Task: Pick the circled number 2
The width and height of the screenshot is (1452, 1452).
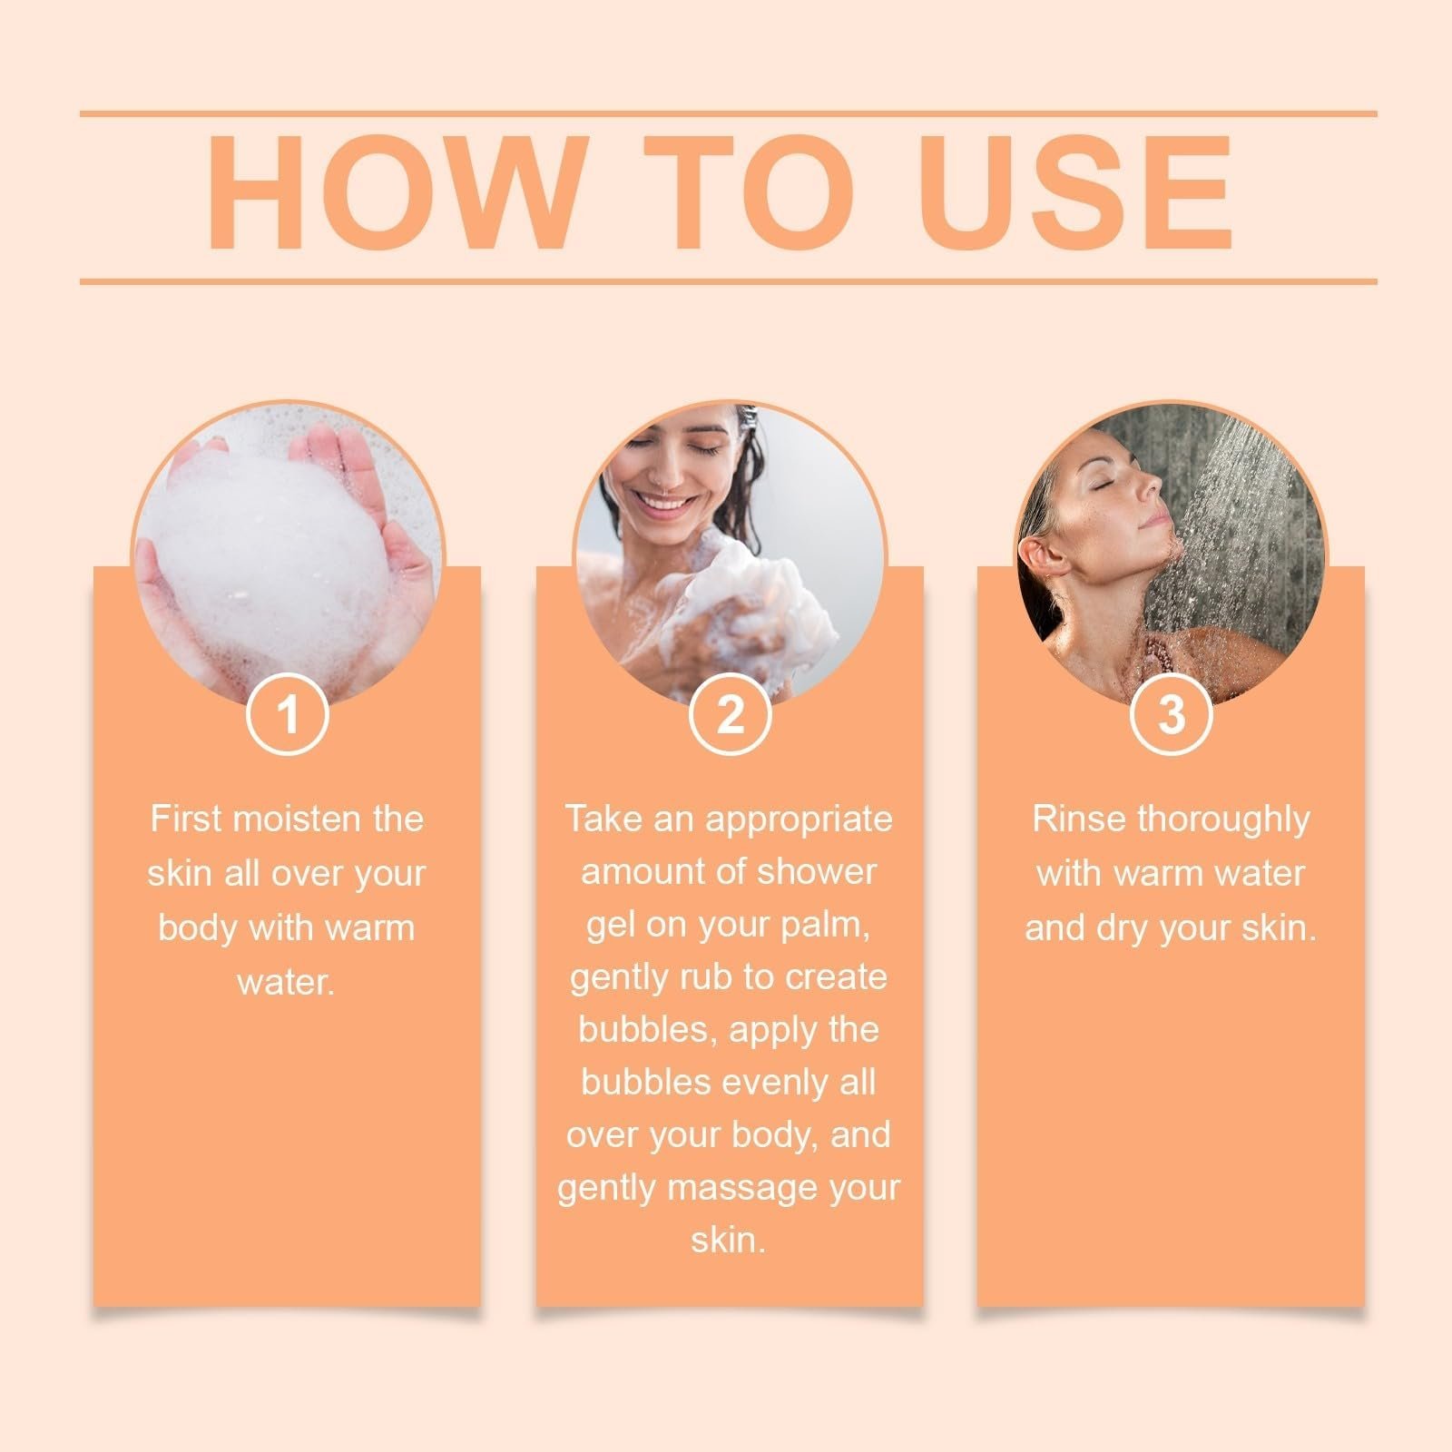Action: click(x=731, y=713)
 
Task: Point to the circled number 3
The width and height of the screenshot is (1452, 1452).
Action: click(x=1172, y=713)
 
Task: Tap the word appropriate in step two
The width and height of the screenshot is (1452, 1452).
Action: click(x=800, y=820)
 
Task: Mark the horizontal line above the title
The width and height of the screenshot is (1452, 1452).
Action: click(x=729, y=114)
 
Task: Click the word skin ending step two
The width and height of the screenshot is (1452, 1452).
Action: click(x=728, y=1241)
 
